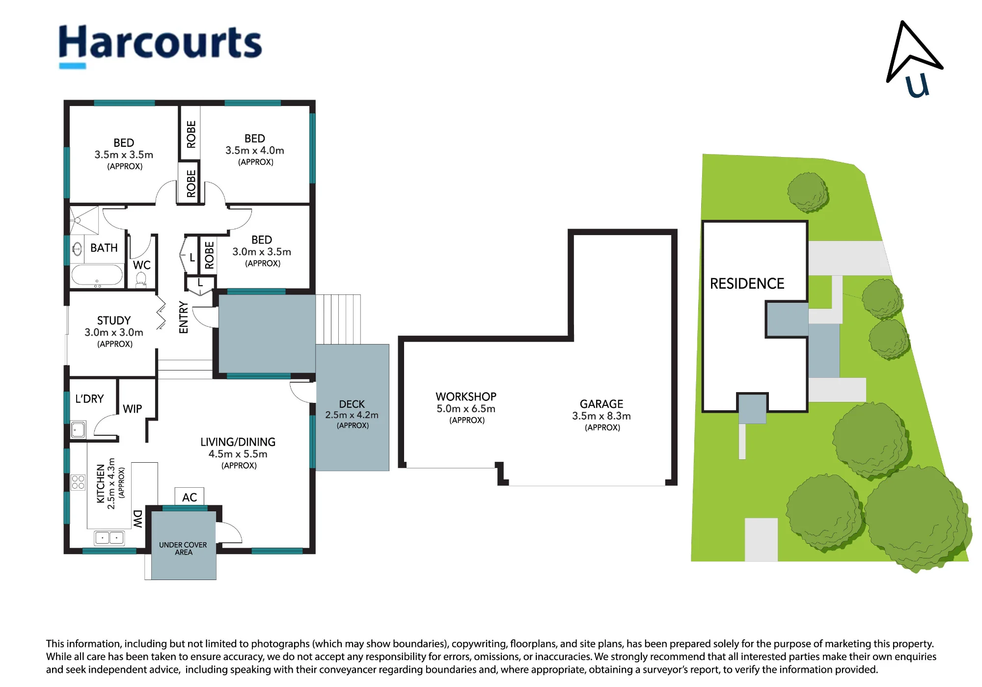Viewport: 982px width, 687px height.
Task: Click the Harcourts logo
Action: point(160,46)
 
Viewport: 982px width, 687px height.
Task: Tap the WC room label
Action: point(142,265)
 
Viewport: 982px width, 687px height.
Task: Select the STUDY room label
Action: point(114,320)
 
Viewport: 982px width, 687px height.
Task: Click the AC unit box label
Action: point(190,497)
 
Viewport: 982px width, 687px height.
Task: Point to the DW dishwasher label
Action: point(138,519)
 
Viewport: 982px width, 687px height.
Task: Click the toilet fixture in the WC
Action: point(141,279)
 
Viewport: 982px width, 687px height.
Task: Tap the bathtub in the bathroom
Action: point(97,275)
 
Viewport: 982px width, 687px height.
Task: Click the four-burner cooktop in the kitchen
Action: point(78,482)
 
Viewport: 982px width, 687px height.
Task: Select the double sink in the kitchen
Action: point(109,538)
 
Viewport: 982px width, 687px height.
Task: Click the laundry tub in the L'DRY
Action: point(78,430)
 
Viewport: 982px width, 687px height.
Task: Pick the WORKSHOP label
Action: point(466,396)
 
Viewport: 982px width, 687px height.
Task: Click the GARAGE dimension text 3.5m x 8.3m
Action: point(601,416)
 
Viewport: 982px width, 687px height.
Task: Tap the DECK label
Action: point(352,404)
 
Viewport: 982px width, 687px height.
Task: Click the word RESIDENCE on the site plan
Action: point(747,284)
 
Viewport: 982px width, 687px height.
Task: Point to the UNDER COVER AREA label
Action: point(183,549)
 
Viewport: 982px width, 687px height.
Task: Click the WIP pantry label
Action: point(133,409)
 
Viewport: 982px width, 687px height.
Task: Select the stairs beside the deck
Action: point(338,319)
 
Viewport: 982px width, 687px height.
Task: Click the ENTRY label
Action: point(184,317)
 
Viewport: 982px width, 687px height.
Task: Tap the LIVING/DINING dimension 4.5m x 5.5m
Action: point(238,454)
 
